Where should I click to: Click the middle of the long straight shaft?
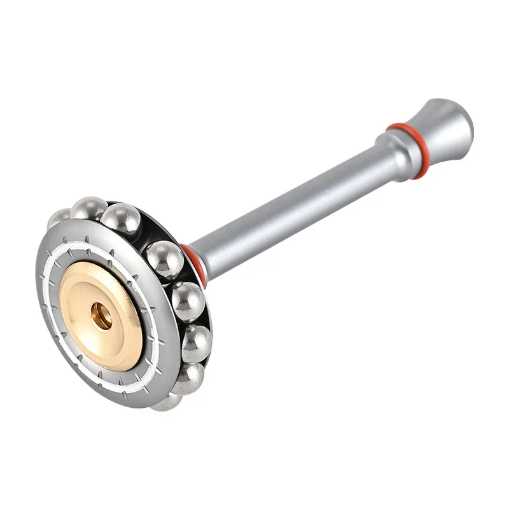299,204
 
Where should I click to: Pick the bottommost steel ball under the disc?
167,401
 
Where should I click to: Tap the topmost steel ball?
88,207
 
